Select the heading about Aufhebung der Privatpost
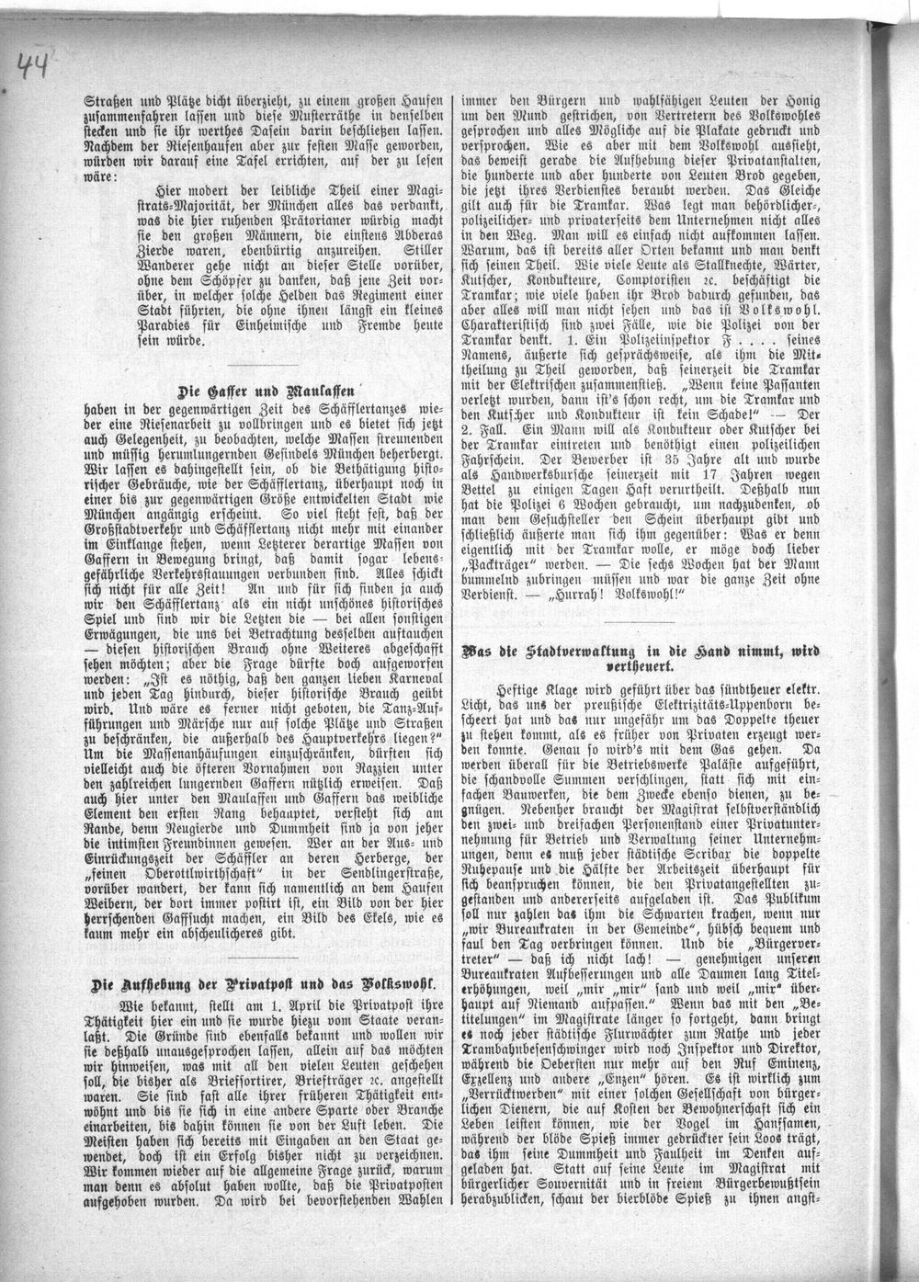pos(262,981)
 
